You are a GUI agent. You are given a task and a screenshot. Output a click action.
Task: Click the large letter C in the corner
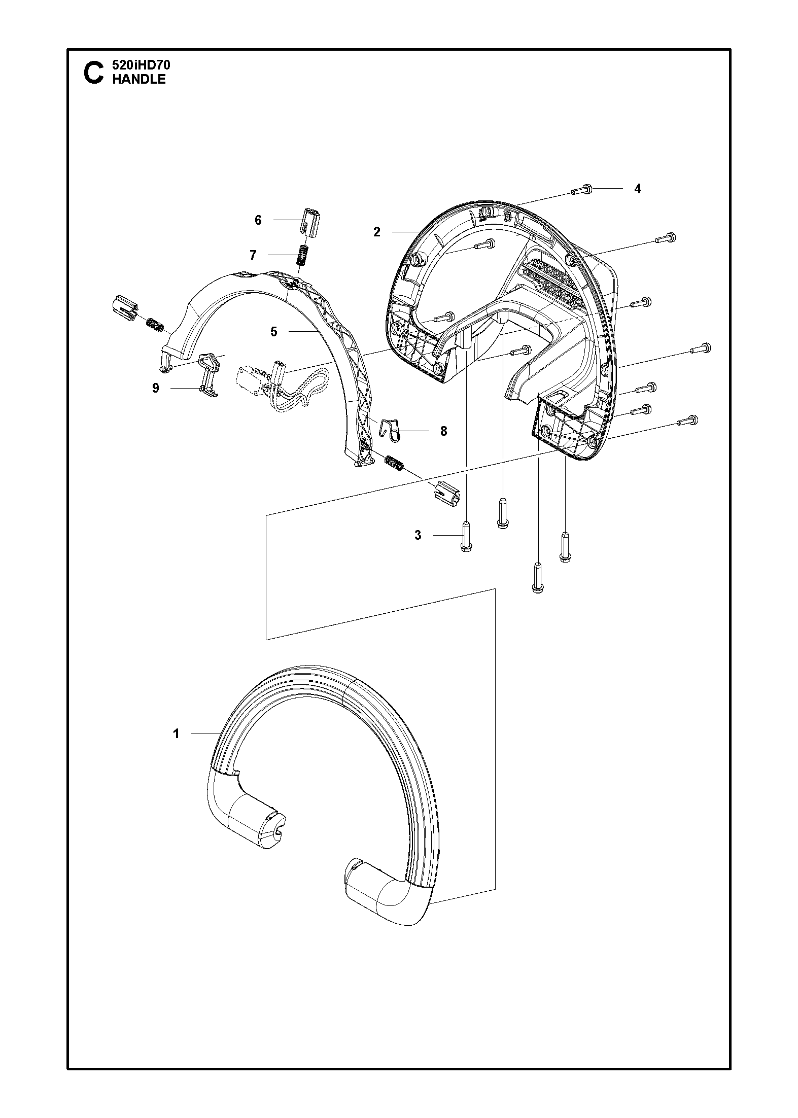[92, 72]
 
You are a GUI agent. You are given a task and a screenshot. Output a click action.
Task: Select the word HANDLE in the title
[138, 79]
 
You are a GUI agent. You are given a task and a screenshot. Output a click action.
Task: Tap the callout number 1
[176, 733]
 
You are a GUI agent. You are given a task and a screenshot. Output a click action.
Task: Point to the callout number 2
[376, 232]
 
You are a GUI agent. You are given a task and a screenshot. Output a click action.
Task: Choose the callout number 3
[418, 535]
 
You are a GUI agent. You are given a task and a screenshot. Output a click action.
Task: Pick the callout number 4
[638, 189]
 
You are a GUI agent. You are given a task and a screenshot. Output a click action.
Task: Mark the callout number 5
[274, 332]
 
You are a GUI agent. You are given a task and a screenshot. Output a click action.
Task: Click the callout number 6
[258, 220]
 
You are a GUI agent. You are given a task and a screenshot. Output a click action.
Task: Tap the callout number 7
[253, 255]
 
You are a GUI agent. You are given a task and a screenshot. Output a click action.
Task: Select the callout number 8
[443, 431]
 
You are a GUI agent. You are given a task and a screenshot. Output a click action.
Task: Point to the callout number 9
[156, 388]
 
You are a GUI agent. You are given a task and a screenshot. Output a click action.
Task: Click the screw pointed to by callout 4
[581, 190]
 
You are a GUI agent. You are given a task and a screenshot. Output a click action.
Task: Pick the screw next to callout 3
[466, 536]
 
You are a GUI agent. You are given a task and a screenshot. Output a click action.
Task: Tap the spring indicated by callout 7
[302, 255]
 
